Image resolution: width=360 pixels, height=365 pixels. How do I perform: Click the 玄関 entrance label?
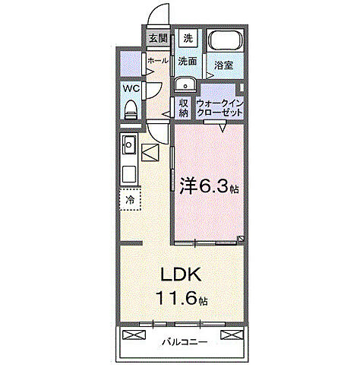[x=158, y=38]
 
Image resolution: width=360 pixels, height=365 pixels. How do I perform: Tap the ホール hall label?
[x=158, y=61]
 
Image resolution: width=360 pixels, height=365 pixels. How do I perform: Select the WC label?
[x=130, y=88]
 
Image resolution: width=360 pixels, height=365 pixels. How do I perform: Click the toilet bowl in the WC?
[x=130, y=109]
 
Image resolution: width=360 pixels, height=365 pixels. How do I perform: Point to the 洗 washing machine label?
[x=188, y=38]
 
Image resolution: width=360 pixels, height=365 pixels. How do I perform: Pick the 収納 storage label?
[x=183, y=107]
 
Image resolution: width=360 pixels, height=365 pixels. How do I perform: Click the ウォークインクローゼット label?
[x=219, y=107]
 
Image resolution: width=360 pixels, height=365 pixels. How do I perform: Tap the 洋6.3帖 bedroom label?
[x=210, y=186]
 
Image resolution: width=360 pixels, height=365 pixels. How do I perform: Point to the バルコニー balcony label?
[x=185, y=342]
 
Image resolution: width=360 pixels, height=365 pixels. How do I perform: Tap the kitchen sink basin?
[x=128, y=142]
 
